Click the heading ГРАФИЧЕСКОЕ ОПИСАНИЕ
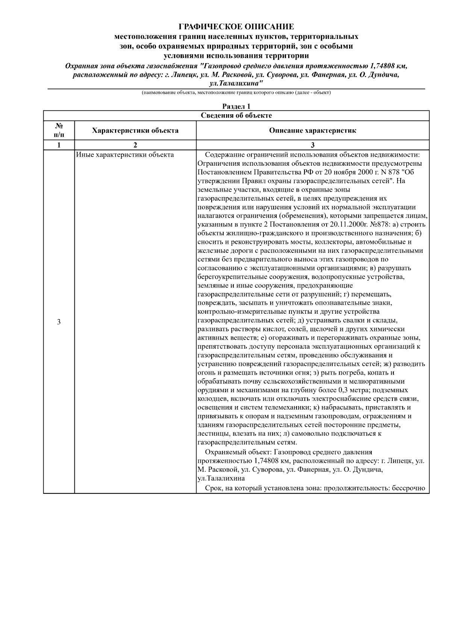[x=236, y=27]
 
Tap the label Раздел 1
[x=236, y=107]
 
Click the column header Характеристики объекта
[x=135, y=131]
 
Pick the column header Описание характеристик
[x=312, y=131]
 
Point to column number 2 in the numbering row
[x=135, y=145]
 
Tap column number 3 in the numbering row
[x=312, y=145]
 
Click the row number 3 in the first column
[x=59, y=322]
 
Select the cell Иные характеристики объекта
[x=125, y=155]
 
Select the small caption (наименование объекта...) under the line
[x=236, y=92]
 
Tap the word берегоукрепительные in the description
[x=226, y=277]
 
